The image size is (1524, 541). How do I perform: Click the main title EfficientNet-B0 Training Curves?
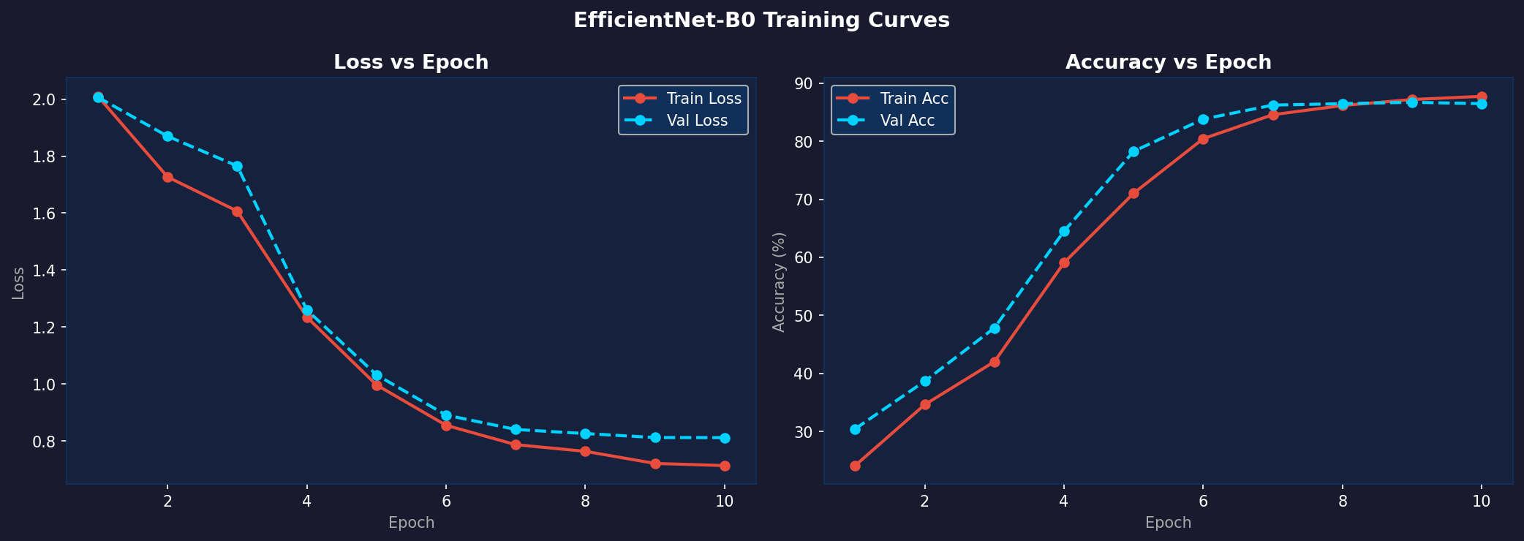[761, 20]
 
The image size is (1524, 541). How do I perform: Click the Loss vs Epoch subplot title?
[411, 63]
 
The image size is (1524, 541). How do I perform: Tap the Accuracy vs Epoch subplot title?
[1169, 63]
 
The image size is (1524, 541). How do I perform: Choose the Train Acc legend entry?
[893, 99]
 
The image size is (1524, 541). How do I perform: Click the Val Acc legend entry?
[893, 121]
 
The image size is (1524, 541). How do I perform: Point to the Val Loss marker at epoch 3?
[237, 166]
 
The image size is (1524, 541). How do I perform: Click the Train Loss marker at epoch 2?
[167, 177]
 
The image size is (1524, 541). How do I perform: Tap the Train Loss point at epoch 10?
[725, 466]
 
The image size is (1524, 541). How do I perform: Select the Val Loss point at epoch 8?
[585, 434]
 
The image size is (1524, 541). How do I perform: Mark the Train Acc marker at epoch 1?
[855, 466]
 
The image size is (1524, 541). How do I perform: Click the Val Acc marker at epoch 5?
[1133, 152]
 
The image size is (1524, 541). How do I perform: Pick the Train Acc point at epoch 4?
[1064, 262]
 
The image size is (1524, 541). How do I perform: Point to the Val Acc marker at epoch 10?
[1482, 104]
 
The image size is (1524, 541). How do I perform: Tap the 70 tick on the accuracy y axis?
[806, 200]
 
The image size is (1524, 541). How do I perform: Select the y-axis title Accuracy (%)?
[780, 281]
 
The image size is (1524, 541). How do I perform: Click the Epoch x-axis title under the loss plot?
[411, 523]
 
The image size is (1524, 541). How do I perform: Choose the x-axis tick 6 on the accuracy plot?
[1203, 502]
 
